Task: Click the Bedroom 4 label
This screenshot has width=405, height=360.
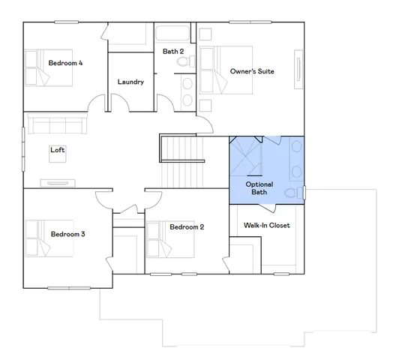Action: point(65,63)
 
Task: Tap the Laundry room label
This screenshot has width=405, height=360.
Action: point(130,82)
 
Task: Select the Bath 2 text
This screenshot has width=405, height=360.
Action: point(173,51)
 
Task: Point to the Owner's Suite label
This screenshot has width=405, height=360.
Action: point(251,71)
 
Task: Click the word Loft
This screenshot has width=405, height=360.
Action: point(58,150)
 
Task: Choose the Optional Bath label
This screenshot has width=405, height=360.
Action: point(259,188)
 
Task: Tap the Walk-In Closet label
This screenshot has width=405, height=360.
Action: point(266,225)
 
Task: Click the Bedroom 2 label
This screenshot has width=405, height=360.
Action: point(187,227)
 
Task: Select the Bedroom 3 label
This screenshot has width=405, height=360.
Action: point(67,234)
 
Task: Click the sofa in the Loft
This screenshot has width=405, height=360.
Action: point(57,123)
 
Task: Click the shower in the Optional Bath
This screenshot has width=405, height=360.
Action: point(246,156)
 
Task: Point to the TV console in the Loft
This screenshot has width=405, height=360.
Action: point(57,182)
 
